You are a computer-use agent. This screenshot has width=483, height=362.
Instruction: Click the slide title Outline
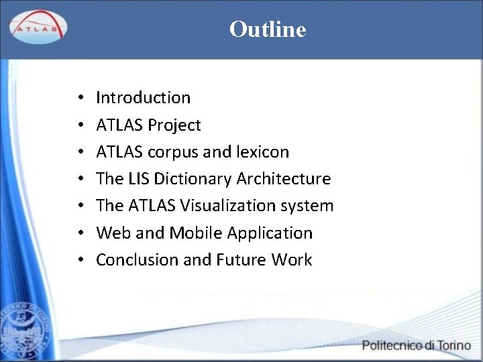[x=267, y=29]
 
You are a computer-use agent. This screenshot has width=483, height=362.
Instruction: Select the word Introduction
[x=143, y=98]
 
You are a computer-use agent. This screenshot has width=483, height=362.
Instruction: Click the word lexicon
[x=263, y=152]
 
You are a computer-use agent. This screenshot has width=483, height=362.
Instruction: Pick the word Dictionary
[x=193, y=180]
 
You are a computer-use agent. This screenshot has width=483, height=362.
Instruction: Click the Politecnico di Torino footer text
[x=416, y=346]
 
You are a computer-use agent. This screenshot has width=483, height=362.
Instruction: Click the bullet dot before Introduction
[x=79, y=99]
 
